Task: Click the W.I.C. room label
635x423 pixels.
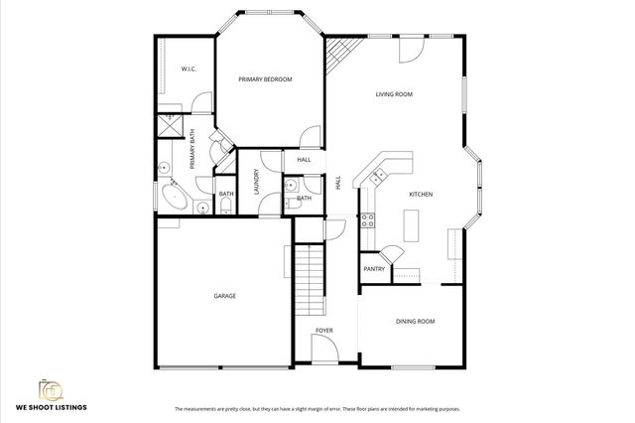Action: coord(188,70)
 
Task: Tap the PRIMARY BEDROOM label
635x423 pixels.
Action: coord(265,78)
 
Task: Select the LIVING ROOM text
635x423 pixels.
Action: coord(394,94)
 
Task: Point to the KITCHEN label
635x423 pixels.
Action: coord(421,195)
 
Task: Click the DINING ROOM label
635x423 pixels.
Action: coord(416,321)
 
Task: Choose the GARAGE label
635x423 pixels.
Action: coord(224,296)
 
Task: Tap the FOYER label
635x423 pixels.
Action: coord(324,330)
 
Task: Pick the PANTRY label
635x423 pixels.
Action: coord(374,269)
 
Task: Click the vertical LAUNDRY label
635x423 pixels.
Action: coord(256,183)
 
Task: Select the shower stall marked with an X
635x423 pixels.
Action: coord(169,126)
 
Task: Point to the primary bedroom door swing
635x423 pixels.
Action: coord(313,138)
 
